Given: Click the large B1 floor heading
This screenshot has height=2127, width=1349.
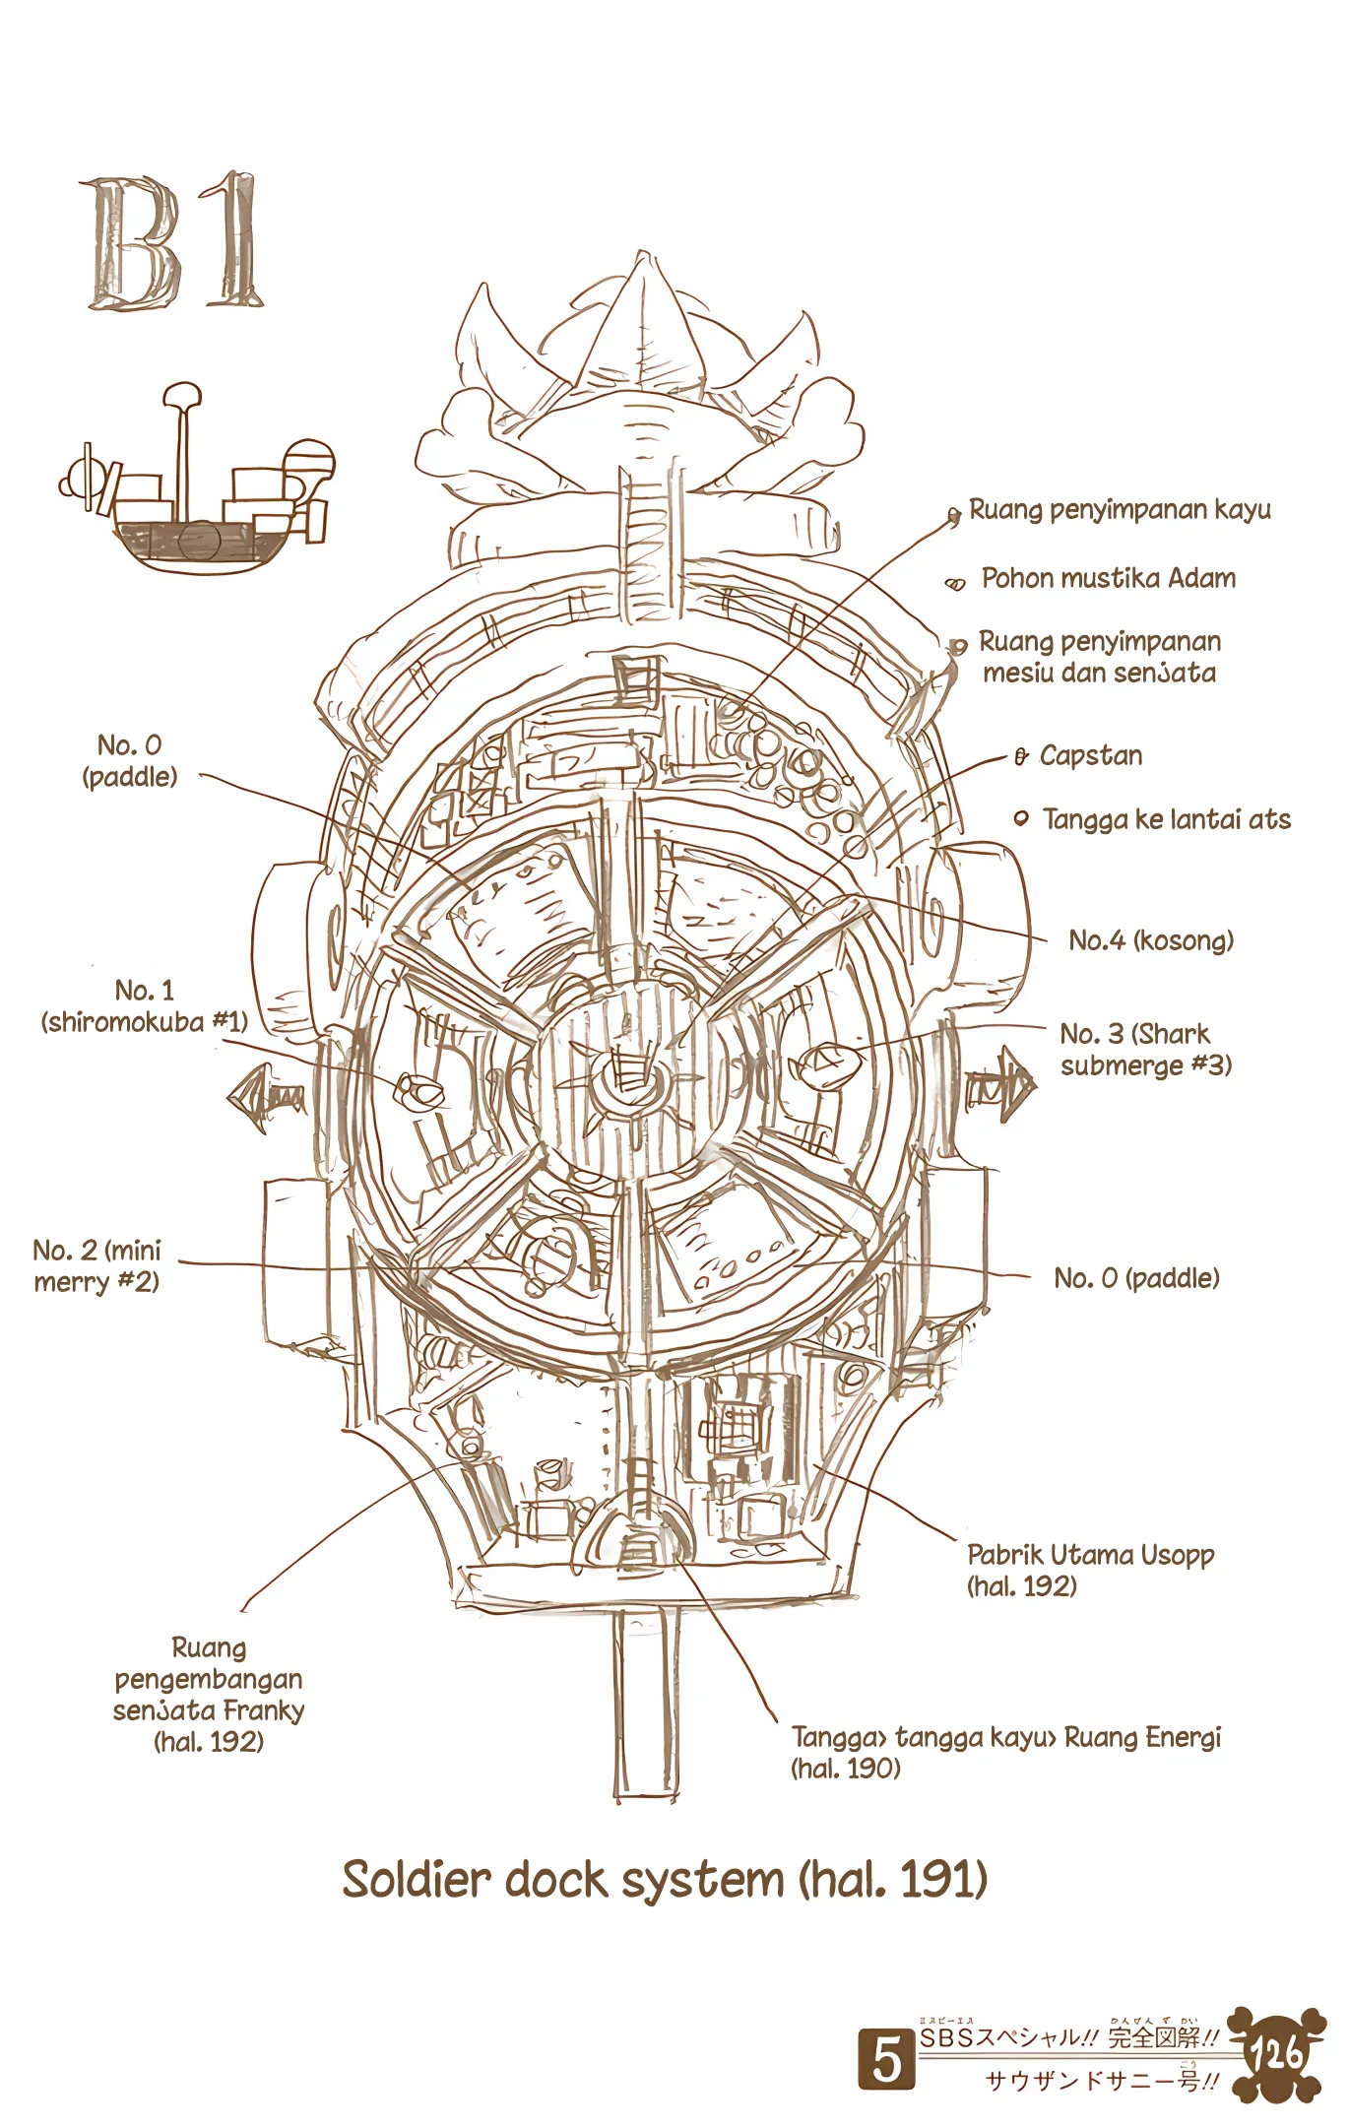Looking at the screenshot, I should point(173,242).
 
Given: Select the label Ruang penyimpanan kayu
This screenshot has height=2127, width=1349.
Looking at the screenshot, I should point(1120,510).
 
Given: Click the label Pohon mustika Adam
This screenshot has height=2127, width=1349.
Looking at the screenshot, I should point(1108,578).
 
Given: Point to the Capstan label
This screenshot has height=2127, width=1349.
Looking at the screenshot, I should point(1090,756).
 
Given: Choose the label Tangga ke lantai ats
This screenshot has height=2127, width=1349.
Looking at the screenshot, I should point(1166,819).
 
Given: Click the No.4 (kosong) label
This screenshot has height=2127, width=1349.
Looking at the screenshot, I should point(1150,940).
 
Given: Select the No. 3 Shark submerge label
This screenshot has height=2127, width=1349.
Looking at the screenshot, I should point(1145,1050).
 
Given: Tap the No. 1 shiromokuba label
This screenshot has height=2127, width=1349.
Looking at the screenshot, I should point(144,1006).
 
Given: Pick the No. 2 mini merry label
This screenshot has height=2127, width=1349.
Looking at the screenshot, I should point(96,1266).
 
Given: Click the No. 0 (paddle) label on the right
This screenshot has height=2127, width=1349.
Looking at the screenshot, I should point(1136,1278).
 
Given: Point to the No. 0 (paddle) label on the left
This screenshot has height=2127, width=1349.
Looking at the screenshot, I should point(130,760).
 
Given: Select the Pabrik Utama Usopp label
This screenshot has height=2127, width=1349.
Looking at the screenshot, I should point(1090,1570).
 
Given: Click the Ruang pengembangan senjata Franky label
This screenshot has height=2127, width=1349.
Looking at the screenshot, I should point(209,1694).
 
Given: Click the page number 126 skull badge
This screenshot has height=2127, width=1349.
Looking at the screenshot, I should point(1276,2054).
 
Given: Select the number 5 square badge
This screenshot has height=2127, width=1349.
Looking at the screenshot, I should point(886,2059).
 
